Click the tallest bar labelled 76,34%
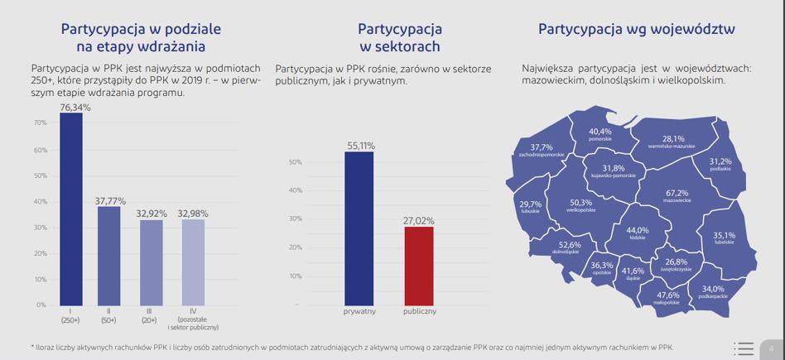click(x=71, y=209)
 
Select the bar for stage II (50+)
click(x=108, y=256)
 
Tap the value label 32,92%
click(x=152, y=214)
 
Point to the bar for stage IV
click(x=193, y=262)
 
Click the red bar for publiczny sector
click(x=419, y=266)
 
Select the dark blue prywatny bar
click(x=359, y=228)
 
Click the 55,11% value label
click(x=360, y=146)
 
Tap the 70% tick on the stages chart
click(x=41, y=122)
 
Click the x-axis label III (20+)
click(x=150, y=316)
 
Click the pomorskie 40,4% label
click(x=600, y=134)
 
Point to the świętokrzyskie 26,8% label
click(x=676, y=265)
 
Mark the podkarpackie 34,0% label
click(x=713, y=292)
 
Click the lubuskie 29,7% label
click(x=531, y=207)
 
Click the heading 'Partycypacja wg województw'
click(x=636, y=29)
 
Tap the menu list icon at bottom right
click(x=744, y=348)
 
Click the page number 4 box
click(x=772, y=349)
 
